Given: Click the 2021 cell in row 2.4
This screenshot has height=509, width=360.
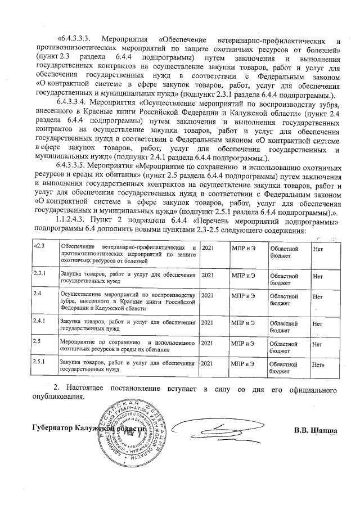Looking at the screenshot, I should tap(208, 294).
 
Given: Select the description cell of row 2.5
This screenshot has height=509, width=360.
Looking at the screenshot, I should tap(128, 345).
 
